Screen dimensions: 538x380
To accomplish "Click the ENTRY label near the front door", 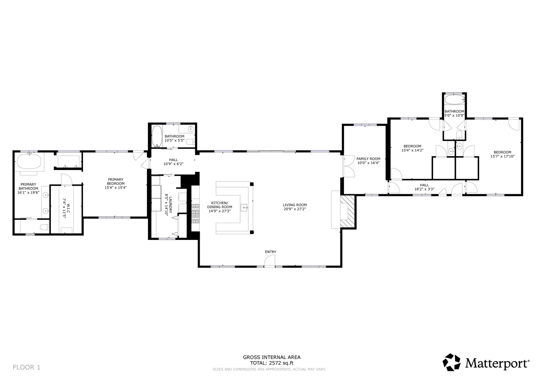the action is [x=270, y=252].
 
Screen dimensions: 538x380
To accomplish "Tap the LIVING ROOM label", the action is [x=295, y=205].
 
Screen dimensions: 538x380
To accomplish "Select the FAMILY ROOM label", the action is [x=368, y=159].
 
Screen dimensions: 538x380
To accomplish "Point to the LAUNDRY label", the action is [x=170, y=205].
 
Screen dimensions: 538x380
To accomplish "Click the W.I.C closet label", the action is [x=68, y=208].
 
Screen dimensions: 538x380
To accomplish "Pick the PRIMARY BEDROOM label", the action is [x=116, y=181].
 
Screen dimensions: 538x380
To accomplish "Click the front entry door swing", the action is [x=269, y=261].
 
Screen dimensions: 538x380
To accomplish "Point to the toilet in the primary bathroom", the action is [x=45, y=227].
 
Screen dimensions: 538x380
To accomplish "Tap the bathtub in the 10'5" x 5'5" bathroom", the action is [x=157, y=136].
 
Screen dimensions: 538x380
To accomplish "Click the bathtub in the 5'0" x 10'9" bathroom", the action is [x=454, y=100].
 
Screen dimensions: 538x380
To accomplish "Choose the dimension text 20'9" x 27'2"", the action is [x=295, y=209].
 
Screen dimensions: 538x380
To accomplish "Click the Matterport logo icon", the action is [x=452, y=362].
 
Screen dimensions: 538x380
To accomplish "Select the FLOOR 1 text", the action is [x=27, y=367].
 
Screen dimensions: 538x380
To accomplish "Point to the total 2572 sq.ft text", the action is [x=272, y=363].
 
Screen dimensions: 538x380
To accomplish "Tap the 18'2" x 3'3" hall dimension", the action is [x=424, y=189].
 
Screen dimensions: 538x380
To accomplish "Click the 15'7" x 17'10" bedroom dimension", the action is [x=502, y=156].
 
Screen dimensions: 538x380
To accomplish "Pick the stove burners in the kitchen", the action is [x=195, y=213].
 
